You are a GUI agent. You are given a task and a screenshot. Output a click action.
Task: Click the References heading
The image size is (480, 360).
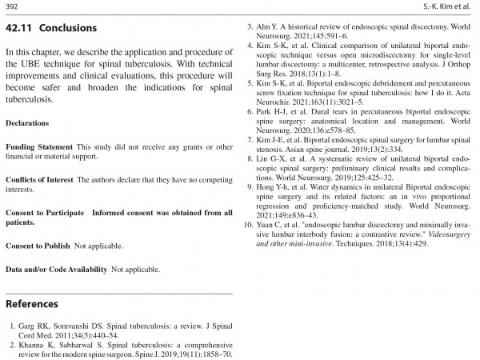point(32,304)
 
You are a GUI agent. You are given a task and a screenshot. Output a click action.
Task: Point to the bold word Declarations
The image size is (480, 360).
point(26,123)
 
